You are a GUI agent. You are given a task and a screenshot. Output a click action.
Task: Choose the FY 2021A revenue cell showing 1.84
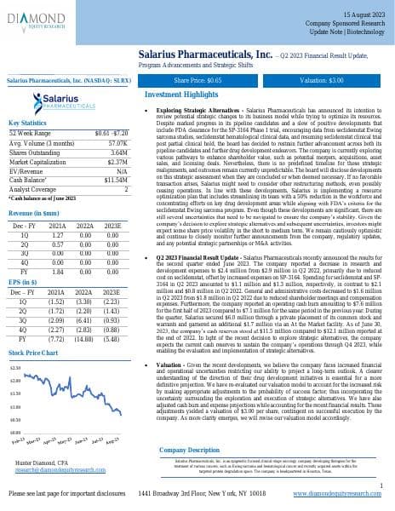tap(60, 270)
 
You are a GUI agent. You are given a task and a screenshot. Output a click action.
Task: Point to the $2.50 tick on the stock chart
tap(14, 367)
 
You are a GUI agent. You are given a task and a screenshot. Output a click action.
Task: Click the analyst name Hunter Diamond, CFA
tap(42, 461)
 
